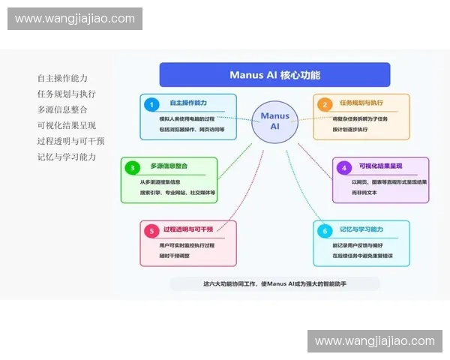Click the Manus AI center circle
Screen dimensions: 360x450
(274, 121)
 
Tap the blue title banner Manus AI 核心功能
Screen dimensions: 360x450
(274, 75)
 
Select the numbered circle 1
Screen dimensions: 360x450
(152, 104)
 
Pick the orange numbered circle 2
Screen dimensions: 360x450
(325, 104)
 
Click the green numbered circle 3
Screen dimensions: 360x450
(133, 167)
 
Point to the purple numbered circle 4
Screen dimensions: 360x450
(344, 167)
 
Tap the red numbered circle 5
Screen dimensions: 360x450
(152, 231)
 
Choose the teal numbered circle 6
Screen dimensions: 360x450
(325, 231)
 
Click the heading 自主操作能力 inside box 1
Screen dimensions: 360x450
(188, 103)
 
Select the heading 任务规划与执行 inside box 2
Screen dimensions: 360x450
(358, 103)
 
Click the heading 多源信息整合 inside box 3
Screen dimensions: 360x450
(169, 166)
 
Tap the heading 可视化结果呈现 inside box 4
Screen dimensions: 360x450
(379, 166)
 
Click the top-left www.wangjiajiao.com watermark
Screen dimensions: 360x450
(75, 19)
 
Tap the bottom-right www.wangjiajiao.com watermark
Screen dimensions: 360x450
(375, 341)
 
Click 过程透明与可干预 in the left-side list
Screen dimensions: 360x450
(70, 141)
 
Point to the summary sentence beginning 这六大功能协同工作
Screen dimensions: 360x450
(274, 283)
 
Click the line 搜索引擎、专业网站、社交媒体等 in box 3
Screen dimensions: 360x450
(178, 193)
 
